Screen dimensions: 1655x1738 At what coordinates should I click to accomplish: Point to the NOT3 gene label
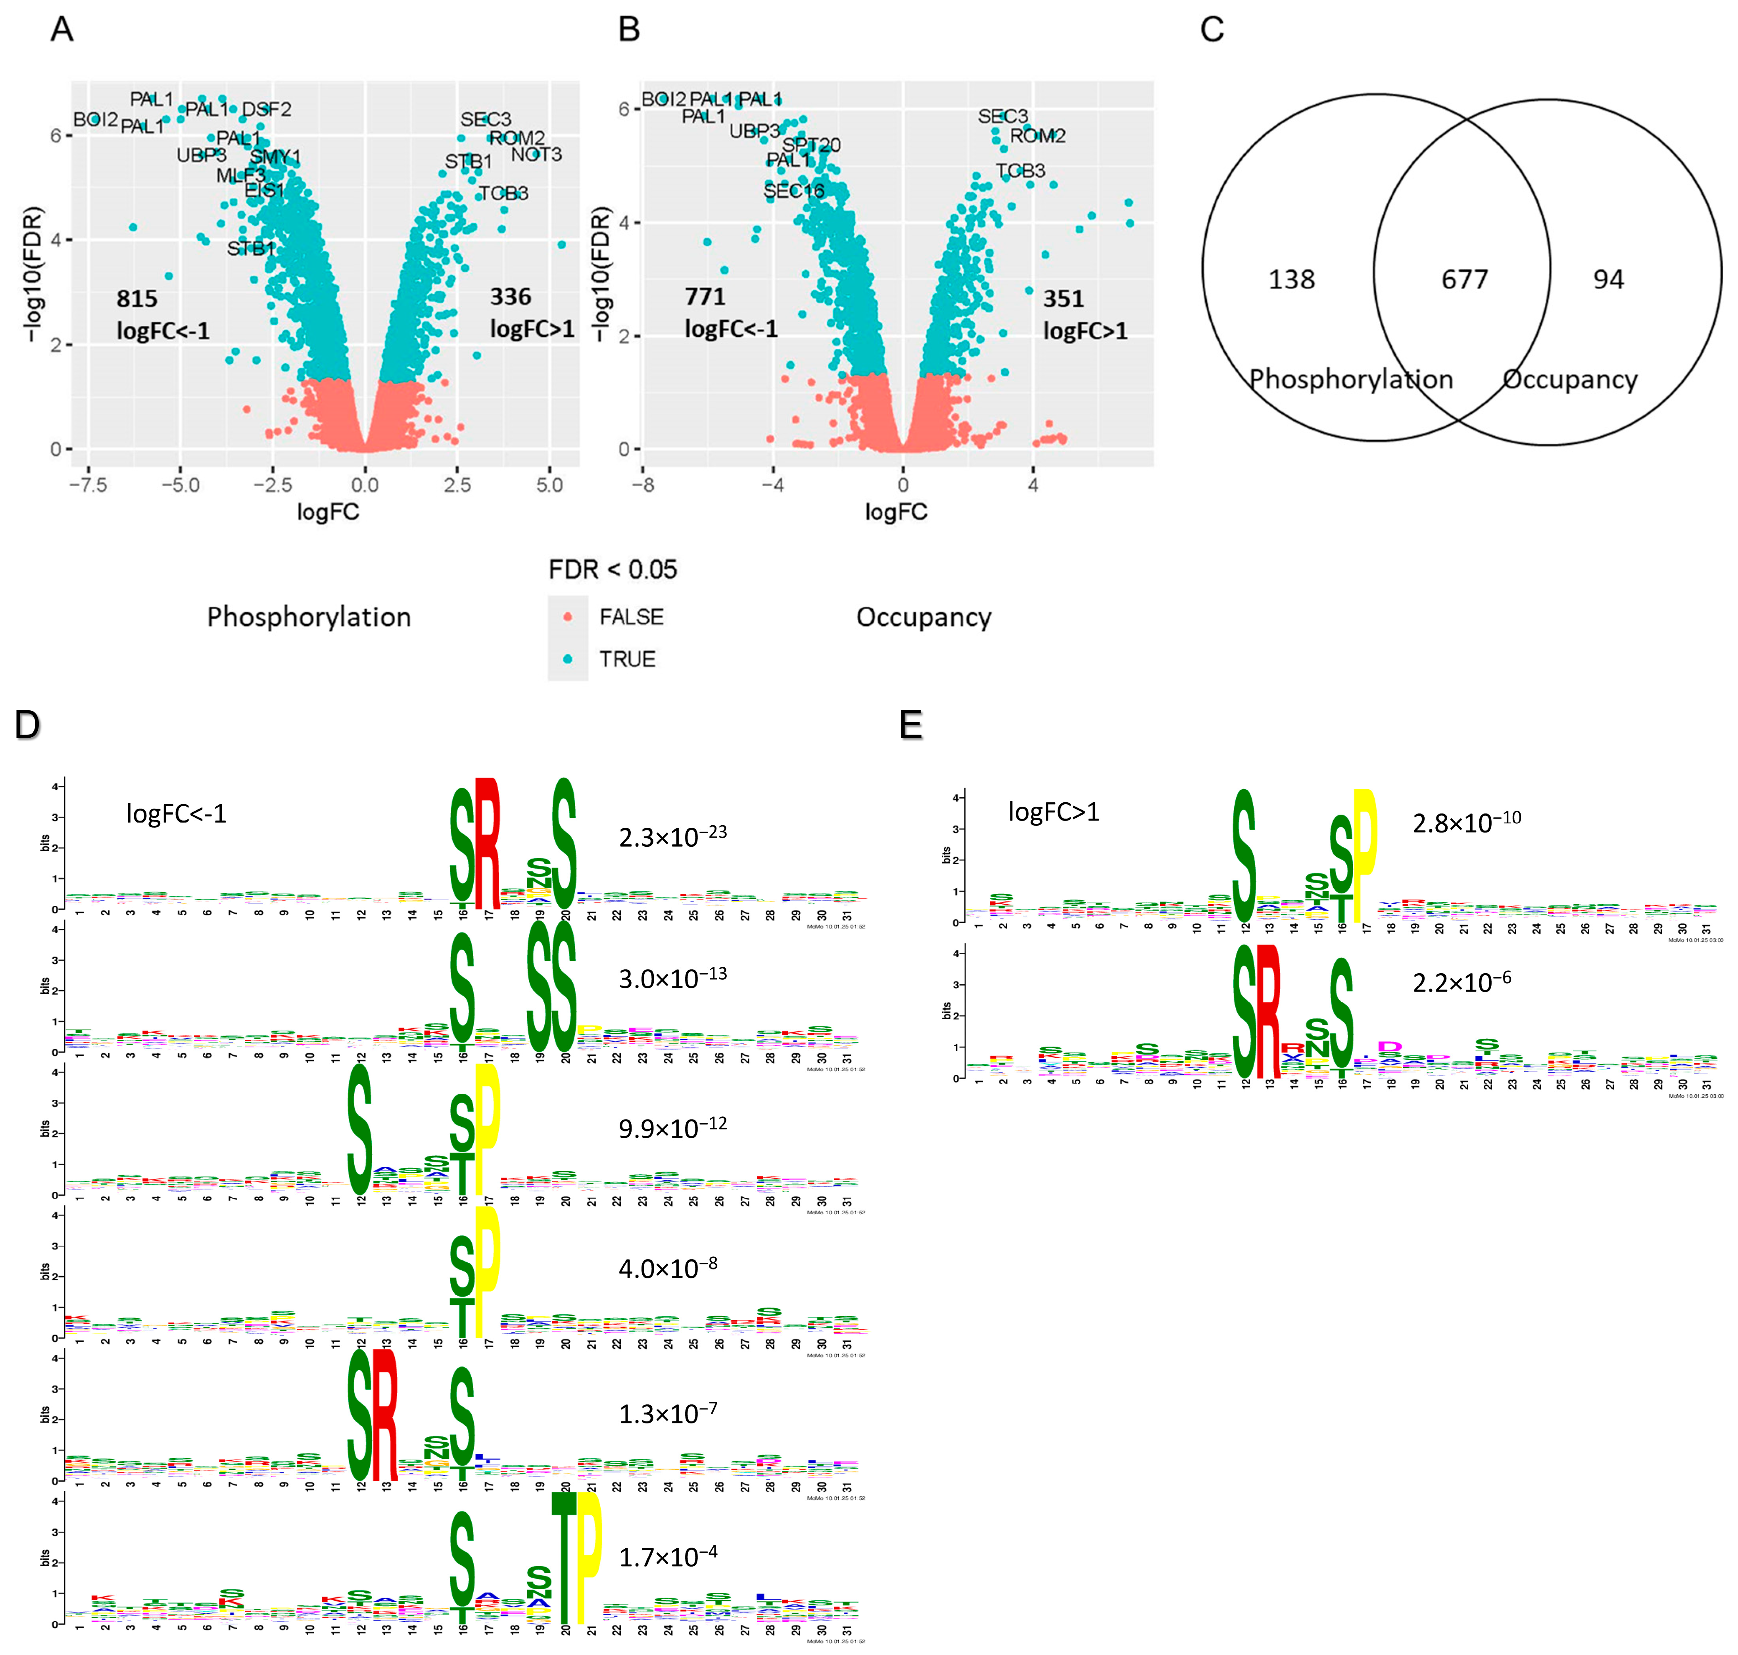pyautogui.click(x=536, y=154)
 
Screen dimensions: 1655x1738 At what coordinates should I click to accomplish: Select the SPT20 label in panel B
pyautogui.click(x=812, y=145)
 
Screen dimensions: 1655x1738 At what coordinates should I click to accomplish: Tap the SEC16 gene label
pyautogui.click(x=794, y=190)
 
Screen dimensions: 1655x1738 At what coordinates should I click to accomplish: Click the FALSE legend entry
pyautogui.click(x=631, y=617)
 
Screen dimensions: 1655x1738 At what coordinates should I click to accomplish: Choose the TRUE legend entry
pyautogui.click(x=627, y=659)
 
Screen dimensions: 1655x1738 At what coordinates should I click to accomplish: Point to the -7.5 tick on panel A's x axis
pyautogui.click(x=88, y=485)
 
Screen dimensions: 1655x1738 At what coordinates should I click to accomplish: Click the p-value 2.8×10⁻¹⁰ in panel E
pyautogui.click(x=1466, y=821)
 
